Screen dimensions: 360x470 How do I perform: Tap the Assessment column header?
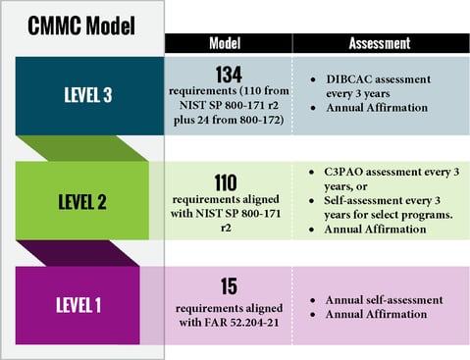(x=386, y=44)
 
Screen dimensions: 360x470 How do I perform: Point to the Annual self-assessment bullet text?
(x=377, y=298)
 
